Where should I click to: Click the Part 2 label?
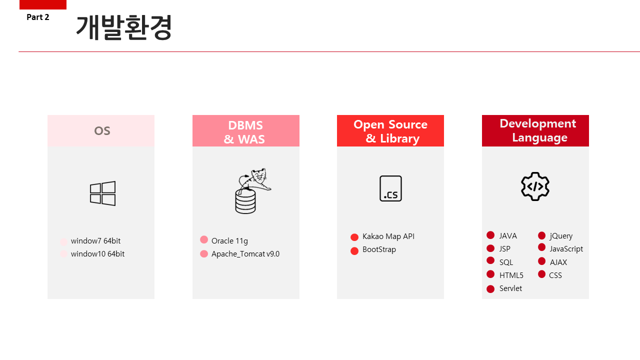tap(38, 17)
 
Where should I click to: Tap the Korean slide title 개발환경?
tap(124, 27)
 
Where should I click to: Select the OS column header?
tap(102, 131)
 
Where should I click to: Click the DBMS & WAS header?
tap(245, 132)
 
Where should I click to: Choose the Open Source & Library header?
tap(390, 131)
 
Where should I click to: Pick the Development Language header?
tap(537, 130)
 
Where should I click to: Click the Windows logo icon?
tap(103, 193)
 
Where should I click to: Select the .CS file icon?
tap(390, 188)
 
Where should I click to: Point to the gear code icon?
tap(535, 186)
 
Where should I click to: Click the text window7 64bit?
tap(95, 241)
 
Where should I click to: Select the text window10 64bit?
tap(97, 254)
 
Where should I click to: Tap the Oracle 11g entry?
tap(229, 241)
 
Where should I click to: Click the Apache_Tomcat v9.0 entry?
tap(245, 254)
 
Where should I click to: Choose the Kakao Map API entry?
tap(388, 236)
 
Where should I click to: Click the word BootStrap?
tap(379, 249)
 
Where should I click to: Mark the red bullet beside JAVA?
tap(490, 235)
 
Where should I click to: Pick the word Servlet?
tap(510, 288)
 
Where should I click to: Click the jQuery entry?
tap(561, 236)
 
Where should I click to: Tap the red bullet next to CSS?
tap(541, 274)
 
